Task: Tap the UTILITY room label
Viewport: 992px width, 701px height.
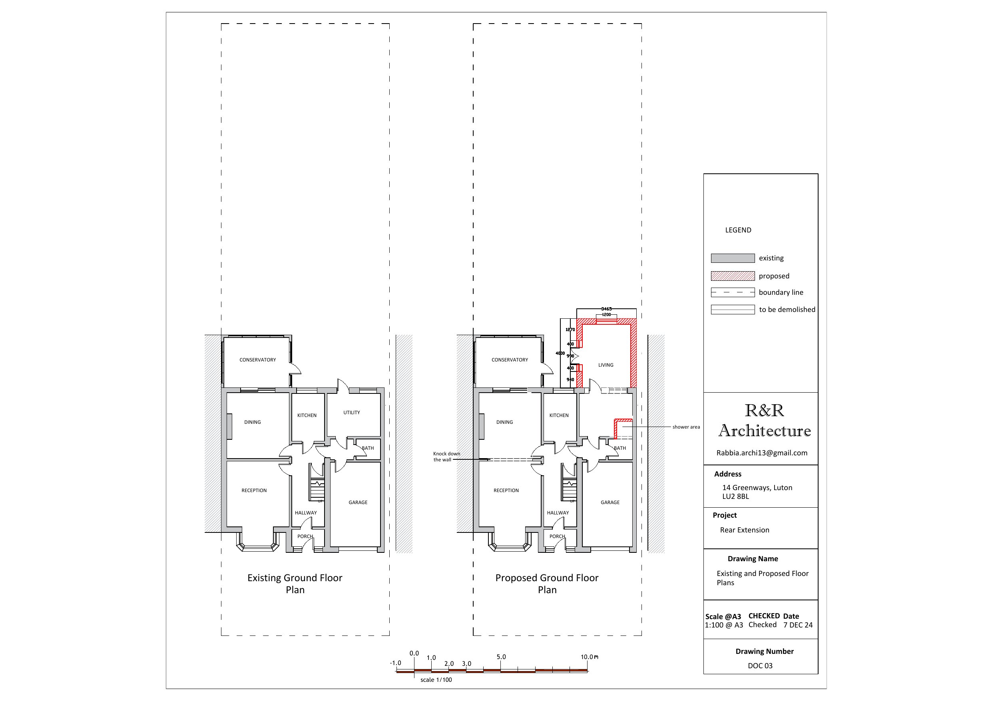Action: [351, 413]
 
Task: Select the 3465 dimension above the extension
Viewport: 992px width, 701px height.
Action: [606, 309]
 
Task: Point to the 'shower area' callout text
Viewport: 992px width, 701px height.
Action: [686, 427]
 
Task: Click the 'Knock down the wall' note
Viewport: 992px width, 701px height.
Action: [446, 457]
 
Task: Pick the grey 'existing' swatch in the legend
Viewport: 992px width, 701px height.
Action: [733, 258]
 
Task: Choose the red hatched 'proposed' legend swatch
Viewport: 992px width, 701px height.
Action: [733, 276]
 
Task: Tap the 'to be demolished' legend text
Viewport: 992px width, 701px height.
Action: [787, 310]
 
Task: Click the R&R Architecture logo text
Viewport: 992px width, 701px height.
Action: [764, 420]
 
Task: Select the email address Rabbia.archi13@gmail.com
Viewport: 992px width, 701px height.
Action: [762, 453]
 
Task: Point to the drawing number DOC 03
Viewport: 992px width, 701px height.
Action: [760, 665]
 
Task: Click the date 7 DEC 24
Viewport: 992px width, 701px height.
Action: [798, 625]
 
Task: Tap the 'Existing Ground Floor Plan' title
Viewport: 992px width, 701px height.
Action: [295, 584]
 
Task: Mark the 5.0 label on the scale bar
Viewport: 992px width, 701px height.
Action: [501, 657]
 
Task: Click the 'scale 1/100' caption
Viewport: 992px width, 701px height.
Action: [436, 680]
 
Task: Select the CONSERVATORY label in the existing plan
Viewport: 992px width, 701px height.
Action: [257, 360]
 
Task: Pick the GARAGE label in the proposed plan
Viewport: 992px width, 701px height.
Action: [610, 502]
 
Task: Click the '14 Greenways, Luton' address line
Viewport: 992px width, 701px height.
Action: [757, 488]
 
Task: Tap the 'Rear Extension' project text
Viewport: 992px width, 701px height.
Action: [745, 530]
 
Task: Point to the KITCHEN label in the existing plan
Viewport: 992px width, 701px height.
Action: [307, 415]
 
